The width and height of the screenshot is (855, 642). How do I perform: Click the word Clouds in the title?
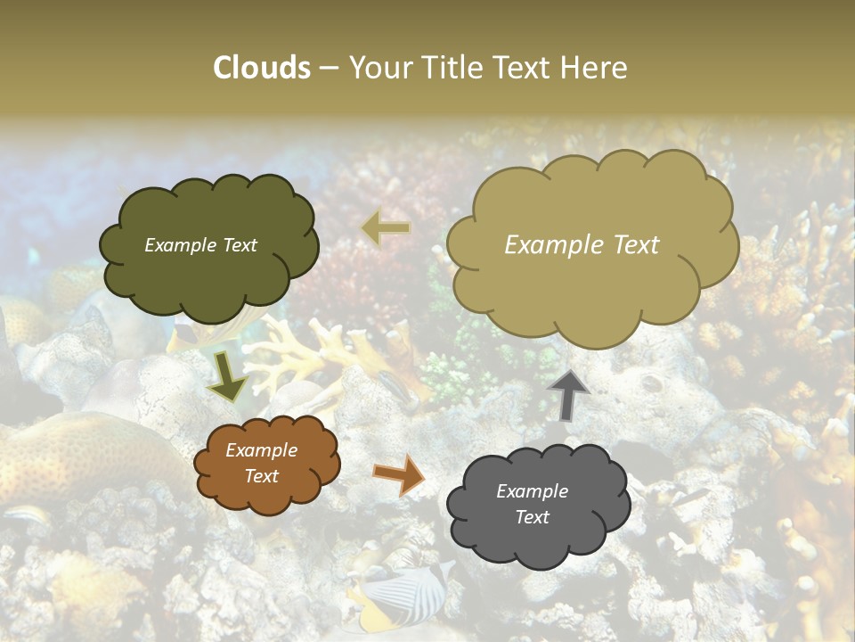point(262,68)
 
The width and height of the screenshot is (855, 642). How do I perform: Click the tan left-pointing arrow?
point(386,228)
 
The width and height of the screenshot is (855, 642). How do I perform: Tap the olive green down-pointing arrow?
point(228,378)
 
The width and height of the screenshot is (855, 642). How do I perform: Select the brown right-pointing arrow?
point(400,474)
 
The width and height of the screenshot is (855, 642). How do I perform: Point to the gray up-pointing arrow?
point(569,394)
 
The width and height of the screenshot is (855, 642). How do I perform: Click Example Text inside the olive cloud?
point(200,245)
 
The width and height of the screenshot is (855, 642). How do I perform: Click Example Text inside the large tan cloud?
point(582,245)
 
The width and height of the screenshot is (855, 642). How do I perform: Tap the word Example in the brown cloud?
point(261,450)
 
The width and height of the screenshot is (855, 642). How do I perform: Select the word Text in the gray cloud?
point(532,517)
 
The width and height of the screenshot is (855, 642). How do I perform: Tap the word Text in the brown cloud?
point(261,476)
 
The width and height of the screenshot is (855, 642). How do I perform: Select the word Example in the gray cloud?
point(532,491)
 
